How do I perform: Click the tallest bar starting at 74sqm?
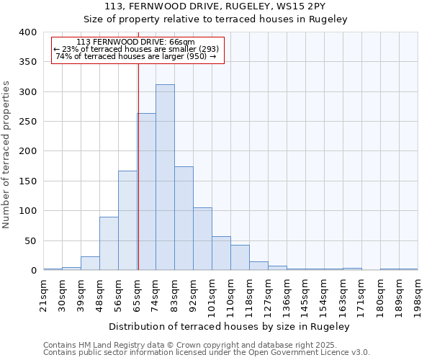coord(165,177)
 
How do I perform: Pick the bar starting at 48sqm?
coord(109,243)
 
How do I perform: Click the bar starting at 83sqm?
coord(184,218)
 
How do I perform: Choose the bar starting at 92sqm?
coord(202,239)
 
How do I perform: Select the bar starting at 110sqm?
coord(240,258)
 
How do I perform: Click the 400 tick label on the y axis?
coord(27,32)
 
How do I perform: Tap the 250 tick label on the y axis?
coord(27,122)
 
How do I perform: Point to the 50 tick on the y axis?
coord(30,240)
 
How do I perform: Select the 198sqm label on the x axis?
coord(418,294)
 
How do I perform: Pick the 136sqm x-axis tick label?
coord(287,294)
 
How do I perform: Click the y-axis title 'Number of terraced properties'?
coord(6,155)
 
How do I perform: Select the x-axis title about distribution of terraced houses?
coord(230,327)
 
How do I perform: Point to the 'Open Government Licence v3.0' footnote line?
coord(207,353)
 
